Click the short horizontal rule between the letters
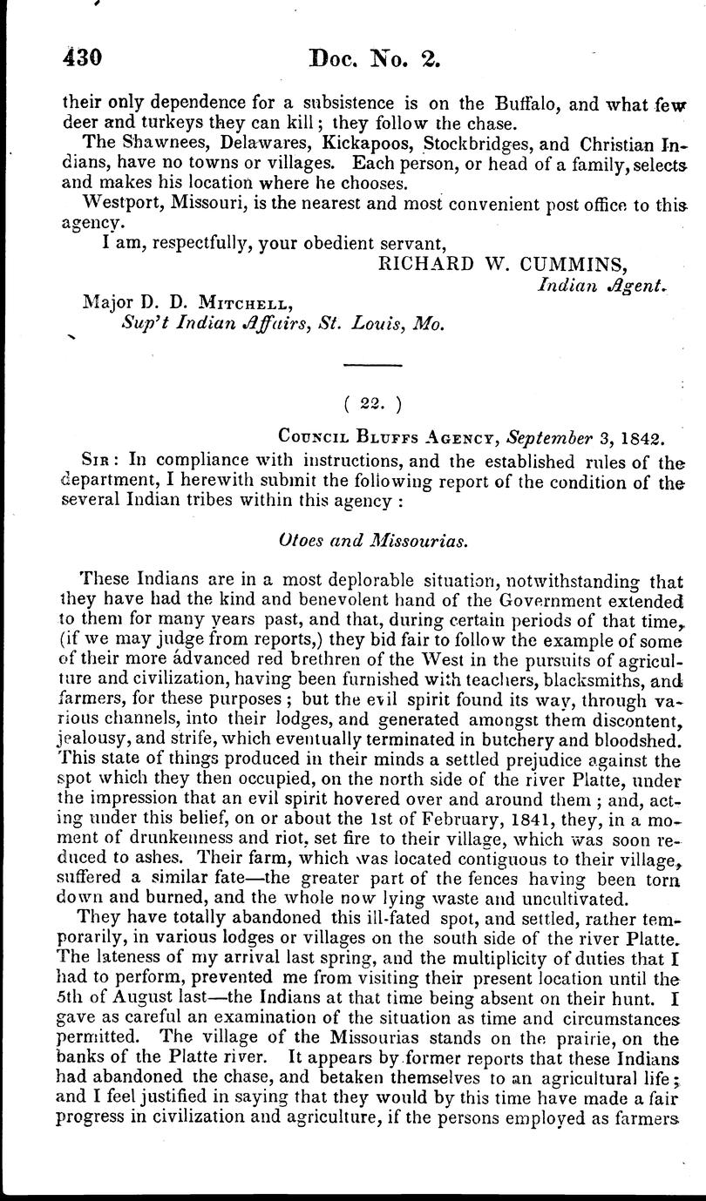[372, 365]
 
